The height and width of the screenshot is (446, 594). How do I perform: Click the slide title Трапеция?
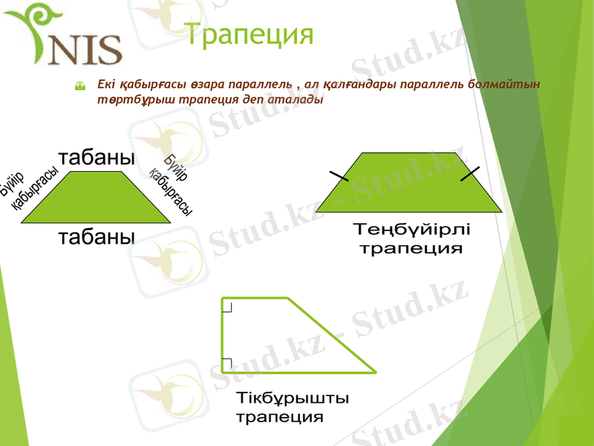[x=248, y=35]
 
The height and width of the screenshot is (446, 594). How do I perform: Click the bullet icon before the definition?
[x=80, y=87]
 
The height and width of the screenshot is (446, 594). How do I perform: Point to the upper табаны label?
[x=97, y=158]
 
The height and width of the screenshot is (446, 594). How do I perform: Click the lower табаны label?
[x=97, y=237]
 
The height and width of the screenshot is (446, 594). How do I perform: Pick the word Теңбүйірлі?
[x=411, y=230]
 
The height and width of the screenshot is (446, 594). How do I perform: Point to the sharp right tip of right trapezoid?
[x=374, y=371]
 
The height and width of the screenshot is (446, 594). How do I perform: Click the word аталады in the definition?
[x=298, y=100]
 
